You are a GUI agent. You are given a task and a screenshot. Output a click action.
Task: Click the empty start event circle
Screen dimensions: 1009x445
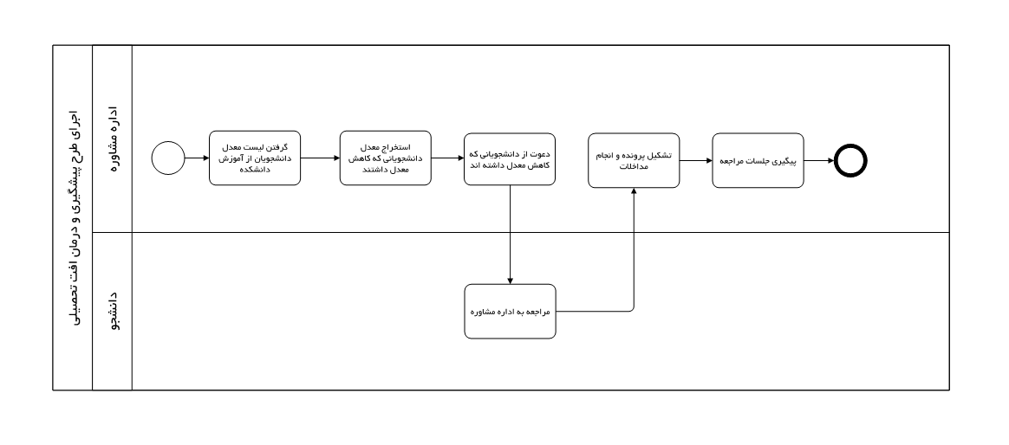tap(168, 158)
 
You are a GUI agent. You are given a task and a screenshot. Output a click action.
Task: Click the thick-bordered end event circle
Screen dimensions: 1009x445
tap(850, 161)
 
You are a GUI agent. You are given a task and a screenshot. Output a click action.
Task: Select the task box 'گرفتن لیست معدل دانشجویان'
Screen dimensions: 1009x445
tap(255, 158)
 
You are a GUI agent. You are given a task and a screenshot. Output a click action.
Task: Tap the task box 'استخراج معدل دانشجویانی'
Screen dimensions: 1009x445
tap(386, 158)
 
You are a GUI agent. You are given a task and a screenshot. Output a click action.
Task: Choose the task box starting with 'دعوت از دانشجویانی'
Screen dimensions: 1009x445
tap(510, 159)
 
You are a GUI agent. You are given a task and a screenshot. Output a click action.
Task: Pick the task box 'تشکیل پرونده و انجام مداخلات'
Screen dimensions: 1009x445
tap(634, 161)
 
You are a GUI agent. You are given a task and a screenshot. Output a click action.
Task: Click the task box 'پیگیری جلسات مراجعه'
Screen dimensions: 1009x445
tap(758, 161)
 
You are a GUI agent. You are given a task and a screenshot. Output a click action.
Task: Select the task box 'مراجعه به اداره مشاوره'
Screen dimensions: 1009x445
tap(511, 312)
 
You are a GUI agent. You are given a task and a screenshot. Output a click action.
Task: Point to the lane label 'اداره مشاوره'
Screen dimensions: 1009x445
tap(113, 139)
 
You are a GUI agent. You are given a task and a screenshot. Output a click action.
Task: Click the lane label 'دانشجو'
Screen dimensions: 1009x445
tap(113, 312)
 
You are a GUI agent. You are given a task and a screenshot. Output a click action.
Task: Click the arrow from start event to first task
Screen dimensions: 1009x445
tap(197, 158)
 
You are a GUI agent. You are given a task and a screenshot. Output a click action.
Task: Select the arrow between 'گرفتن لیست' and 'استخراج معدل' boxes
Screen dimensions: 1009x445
tap(320, 158)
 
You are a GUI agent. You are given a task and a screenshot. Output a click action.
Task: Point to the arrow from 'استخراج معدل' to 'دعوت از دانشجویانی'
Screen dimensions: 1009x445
tap(447, 158)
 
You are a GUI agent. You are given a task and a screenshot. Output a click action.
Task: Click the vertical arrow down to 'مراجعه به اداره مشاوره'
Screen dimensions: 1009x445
tap(511, 235)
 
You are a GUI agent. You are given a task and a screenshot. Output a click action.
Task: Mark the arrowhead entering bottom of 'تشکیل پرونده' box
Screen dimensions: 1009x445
tap(634, 191)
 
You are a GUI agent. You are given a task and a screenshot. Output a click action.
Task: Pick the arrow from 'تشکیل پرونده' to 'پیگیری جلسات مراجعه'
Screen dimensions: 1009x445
tap(695, 161)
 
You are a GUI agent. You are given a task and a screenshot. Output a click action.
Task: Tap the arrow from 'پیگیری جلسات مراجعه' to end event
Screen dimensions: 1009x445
tap(818, 161)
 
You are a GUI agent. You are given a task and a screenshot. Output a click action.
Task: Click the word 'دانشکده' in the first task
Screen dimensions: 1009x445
tap(255, 171)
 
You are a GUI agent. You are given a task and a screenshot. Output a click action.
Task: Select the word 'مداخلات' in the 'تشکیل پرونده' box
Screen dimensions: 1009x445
tap(634, 167)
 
